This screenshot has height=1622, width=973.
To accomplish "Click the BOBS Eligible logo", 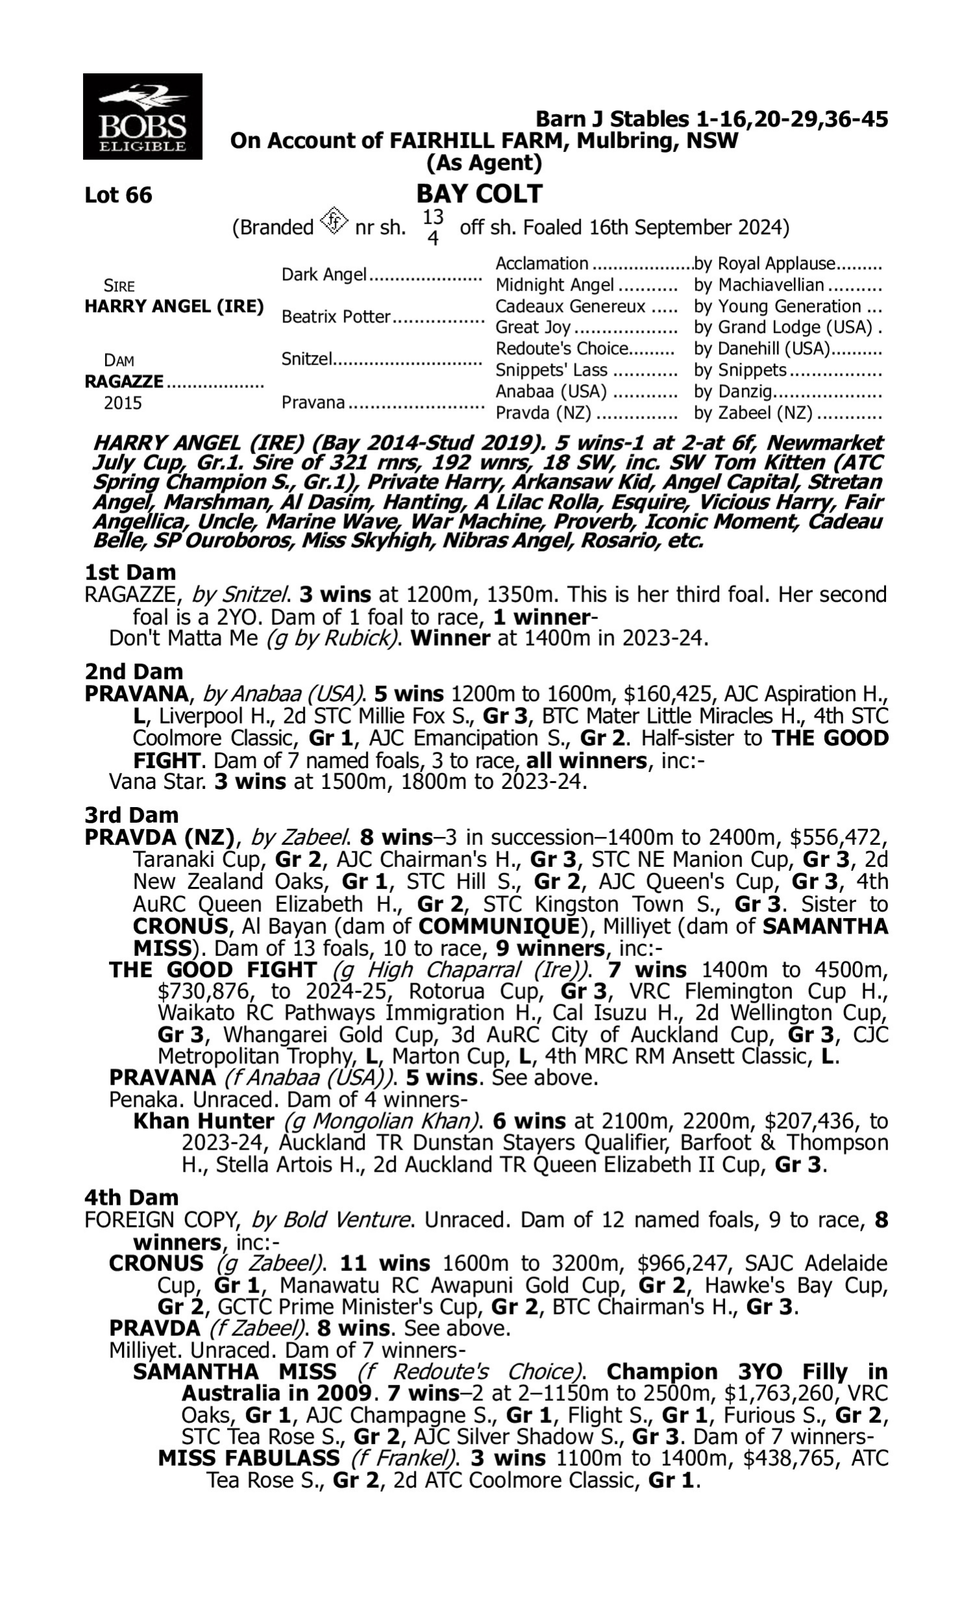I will point(142,117).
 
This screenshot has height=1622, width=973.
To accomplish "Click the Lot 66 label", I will point(118,195).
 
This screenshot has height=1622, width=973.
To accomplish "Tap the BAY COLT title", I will point(479,194).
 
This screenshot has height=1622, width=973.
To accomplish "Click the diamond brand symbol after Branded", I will point(333,222).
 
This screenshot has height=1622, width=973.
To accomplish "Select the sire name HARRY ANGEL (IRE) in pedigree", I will point(174,306).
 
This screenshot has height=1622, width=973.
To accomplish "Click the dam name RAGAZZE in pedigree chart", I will point(124,381).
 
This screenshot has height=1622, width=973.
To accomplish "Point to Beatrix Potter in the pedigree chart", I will point(336,317).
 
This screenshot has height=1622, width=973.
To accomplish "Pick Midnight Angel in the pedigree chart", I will point(554,285).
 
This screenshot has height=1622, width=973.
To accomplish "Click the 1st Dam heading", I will point(130,572).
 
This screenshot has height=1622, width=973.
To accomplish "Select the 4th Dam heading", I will point(131,1197).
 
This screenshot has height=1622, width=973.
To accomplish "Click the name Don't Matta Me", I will point(183,638).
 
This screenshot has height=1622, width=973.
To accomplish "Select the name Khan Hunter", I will point(203,1121).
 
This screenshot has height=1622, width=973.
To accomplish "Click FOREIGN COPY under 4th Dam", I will point(160,1220).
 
